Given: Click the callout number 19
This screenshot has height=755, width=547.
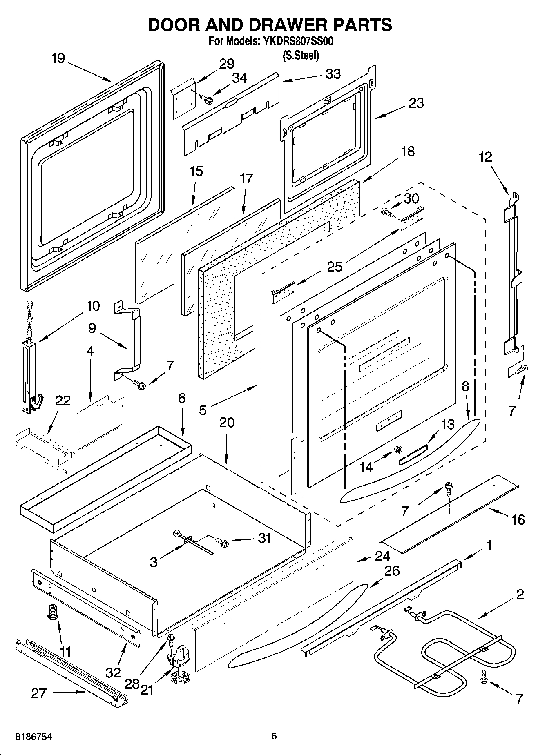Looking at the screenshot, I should [58, 58].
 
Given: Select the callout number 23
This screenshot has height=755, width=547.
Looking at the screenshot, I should [416, 103].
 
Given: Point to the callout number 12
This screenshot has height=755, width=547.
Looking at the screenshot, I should [485, 157].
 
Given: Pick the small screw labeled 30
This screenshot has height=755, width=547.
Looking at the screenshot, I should [386, 212].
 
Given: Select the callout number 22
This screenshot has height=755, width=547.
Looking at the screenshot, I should [63, 401].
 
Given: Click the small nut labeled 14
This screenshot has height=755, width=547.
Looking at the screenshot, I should [396, 450].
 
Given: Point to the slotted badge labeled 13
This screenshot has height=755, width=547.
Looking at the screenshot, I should [413, 454].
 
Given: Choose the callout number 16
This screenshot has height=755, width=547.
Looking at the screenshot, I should [518, 520].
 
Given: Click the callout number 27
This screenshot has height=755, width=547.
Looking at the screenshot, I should [39, 693].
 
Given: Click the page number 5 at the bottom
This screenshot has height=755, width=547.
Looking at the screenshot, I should [274, 737].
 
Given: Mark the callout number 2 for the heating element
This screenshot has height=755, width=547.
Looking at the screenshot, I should [520, 594].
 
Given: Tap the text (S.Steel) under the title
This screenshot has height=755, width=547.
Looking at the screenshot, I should [301, 56].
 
